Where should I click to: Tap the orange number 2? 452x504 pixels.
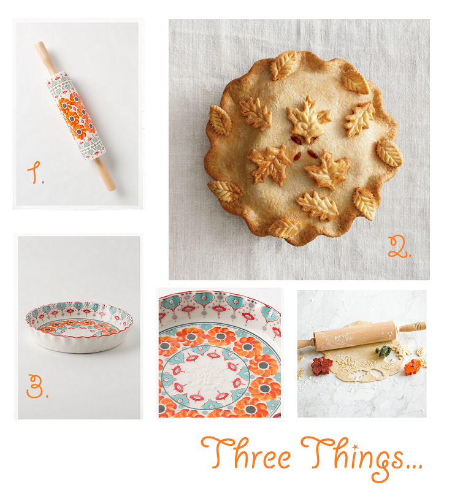[399, 247]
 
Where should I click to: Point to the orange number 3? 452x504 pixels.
[36, 386]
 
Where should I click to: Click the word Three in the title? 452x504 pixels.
[246, 452]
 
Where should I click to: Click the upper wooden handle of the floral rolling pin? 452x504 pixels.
[46, 58]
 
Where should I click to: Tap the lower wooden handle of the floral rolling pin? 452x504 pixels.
[105, 174]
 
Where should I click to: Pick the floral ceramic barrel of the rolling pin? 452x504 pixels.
[75, 116]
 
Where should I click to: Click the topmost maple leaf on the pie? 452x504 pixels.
[307, 119]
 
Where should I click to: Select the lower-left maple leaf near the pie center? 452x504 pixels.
[269, 164]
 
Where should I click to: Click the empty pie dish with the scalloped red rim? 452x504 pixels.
[79, 327]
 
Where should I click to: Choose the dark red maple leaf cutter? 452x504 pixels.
[322, 365]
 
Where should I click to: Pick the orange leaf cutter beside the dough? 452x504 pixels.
[413, 367]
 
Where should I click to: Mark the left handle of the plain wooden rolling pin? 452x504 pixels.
[305, 343]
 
